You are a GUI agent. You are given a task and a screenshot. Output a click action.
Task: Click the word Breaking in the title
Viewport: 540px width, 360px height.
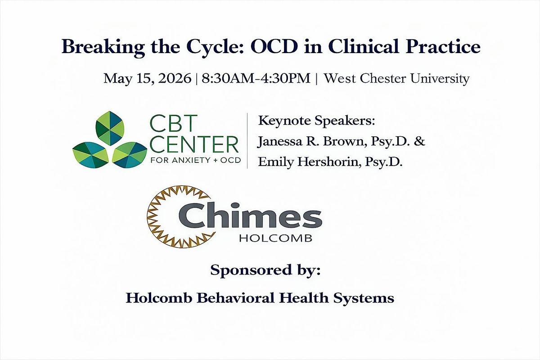tap(103, 47)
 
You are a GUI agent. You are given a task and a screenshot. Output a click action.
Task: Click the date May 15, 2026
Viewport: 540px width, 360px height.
tap(147, 79)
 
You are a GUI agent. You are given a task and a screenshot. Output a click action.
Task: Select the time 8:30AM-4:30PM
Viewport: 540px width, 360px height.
tap(256, 78)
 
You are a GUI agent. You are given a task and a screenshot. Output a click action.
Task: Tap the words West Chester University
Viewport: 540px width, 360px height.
tap(396, 79)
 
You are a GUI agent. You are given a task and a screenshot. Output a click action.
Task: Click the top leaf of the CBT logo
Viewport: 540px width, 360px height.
tap(110, 128)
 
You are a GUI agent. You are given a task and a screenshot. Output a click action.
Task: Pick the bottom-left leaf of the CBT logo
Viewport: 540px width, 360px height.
tap(91, 155)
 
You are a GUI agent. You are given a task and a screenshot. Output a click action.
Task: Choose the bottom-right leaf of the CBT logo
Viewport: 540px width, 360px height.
tap(130, 155)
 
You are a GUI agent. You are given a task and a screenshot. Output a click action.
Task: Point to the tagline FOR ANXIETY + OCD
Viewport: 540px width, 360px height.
tap(195, 160)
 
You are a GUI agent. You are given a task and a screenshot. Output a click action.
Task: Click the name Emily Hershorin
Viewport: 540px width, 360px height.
tap(310, 162)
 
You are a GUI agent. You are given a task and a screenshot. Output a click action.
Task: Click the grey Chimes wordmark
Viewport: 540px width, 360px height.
tap(250, 216)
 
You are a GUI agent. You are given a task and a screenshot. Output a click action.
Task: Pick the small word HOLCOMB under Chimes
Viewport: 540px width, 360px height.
tap(276, 238)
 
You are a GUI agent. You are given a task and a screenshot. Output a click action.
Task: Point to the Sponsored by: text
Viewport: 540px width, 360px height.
tap(265, 270)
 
